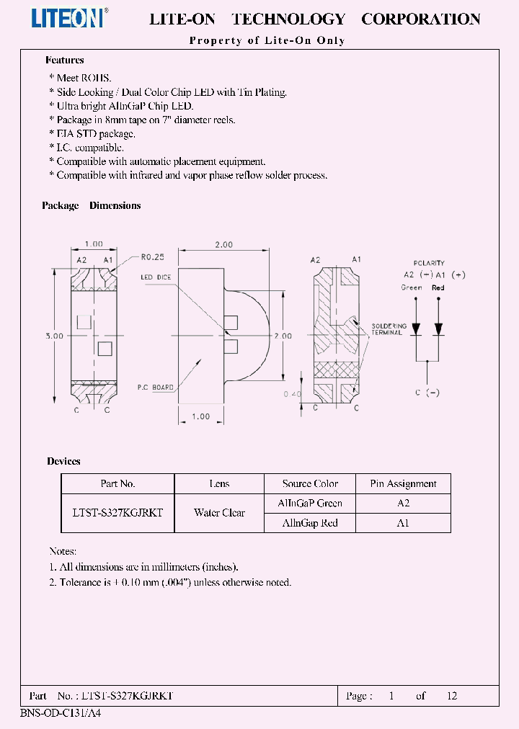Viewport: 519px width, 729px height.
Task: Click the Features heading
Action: point(65,61)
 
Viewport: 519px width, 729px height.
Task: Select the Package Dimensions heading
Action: point(92,205)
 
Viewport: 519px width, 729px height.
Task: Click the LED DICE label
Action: point(155,277)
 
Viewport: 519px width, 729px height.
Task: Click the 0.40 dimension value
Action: point(293,395)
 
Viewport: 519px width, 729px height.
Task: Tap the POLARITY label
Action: point(429,264)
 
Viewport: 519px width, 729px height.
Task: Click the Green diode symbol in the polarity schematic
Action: point(416,328)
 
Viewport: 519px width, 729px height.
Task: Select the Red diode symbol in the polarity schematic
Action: point(438,328)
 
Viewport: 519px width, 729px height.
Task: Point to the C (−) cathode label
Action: point(428,393)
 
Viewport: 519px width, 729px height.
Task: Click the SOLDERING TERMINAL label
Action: point(388,329)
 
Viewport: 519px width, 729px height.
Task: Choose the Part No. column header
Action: point(117,484)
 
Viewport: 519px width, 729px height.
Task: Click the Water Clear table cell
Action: point(219,513)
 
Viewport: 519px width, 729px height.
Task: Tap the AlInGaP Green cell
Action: point(310,504)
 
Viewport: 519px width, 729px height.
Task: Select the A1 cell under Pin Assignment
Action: point(403,523)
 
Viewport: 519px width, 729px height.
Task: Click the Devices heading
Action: point(63,461)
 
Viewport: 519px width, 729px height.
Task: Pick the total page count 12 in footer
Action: point(452,696)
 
